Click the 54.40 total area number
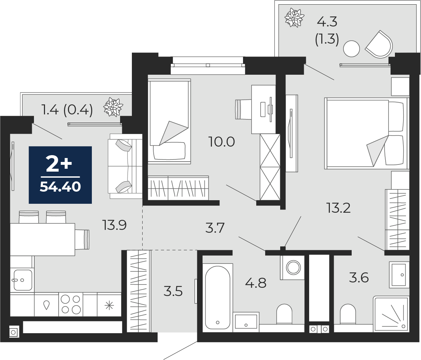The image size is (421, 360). [x=60, y=187]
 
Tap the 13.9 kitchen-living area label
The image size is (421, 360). [x=114, y=225]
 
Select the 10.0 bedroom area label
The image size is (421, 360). [x=222, y=142]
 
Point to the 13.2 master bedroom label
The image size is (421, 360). [x=338, y=208]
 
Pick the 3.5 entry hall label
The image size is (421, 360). [x=173, y=291]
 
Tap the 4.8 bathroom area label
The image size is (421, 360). [x=256, y=283]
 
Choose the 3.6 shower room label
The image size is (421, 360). [x=359, y=277]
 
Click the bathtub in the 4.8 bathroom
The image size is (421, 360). [x=218, y=297]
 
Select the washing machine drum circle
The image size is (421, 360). [x=293, y=267]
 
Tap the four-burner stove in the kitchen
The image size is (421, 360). [x=71, y=304]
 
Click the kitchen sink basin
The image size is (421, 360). [x=23, y=280]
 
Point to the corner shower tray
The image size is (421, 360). [x=391, y=314]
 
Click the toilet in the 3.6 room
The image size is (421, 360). [x=348, y=314]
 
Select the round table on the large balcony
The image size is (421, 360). [x=351, y=49]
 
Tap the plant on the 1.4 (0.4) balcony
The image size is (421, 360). [x=113, y=108]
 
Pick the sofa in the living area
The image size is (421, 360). [x=125, y=166]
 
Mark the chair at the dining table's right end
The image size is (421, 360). [x=82, y=240]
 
